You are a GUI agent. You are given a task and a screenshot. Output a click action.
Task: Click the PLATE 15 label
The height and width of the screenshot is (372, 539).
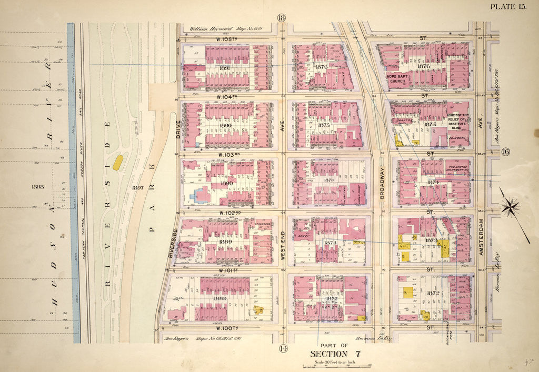508,6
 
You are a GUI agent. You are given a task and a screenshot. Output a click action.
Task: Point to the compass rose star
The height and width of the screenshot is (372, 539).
510,207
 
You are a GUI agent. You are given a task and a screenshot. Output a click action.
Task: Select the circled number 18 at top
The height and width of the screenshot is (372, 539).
282,18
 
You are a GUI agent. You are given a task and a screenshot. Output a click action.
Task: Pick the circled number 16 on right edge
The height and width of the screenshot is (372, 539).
506,153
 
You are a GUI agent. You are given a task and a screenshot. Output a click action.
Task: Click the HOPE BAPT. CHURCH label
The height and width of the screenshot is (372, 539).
399,79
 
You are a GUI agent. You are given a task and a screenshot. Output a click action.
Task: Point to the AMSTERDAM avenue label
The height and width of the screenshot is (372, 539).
481,235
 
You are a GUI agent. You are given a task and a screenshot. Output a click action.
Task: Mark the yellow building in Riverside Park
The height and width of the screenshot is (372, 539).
118,162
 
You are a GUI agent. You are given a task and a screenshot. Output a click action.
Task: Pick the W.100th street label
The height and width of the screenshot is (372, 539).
227,328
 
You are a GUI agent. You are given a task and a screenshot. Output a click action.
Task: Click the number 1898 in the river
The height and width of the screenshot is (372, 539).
38,186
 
